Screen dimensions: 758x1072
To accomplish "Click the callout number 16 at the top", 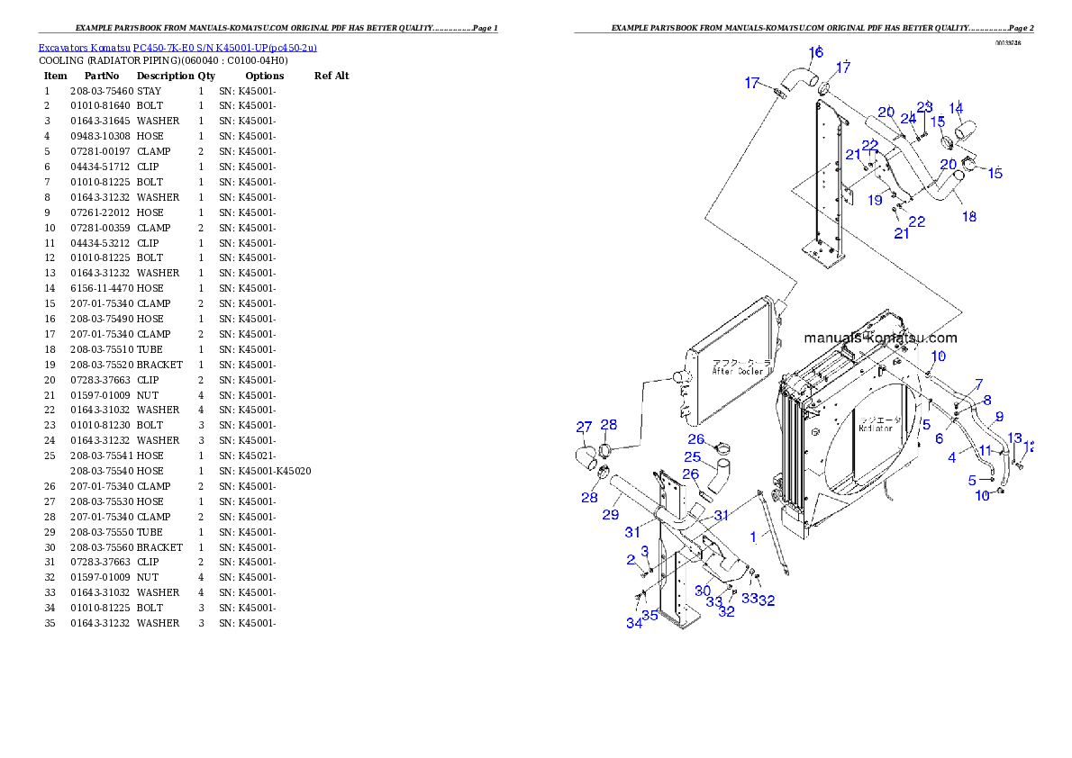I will click(x=815, y=52).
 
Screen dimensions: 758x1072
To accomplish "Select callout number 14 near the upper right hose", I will click(x=956, y=108).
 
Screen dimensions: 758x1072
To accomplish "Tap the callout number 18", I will click(x=969, y=217).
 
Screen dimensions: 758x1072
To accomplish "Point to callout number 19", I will click(x=875, y=201).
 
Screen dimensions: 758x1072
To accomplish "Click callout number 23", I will click(x=925, y=106).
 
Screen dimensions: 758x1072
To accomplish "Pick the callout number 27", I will click(x=584, y=427).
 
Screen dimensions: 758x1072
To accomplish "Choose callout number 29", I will click(x=611, y=515).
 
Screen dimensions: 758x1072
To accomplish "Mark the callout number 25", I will click(x=692, y=457).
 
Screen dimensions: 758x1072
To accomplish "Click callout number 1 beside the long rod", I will click(x=753, y=537).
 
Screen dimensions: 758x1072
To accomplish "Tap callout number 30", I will click(x=703, y=591).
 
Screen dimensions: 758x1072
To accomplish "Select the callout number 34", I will click(x=634, y=623).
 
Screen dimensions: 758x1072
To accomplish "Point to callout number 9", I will click(x=998, y=417).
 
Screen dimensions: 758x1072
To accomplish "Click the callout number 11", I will click(x=985, y=449).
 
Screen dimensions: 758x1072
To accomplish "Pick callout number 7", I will click(x=978, y=384).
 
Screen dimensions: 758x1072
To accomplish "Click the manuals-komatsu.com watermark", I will click(x=880, y=338).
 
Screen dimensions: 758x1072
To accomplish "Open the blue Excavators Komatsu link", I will click(x=177, y=47).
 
